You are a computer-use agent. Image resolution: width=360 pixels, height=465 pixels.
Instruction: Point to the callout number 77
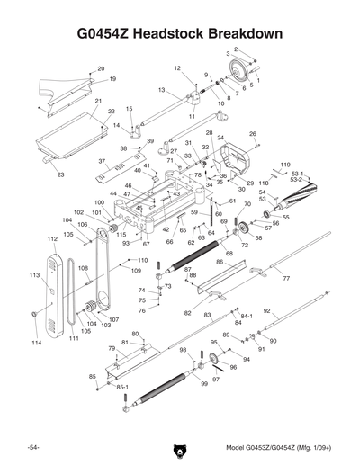[286, 280]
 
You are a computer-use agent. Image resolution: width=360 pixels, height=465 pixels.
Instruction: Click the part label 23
[60, 174]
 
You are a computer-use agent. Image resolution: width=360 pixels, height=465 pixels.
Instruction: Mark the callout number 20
[101, 68]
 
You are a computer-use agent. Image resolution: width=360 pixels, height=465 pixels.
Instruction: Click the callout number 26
[253, 134]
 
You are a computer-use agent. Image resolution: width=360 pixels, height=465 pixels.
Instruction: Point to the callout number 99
[204, 383]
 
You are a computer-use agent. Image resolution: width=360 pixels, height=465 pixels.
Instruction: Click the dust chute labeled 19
[67, 91]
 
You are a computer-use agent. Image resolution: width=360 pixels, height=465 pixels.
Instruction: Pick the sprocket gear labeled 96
[215, 362]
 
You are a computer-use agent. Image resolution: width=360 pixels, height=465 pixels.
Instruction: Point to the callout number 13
[161, 90]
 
